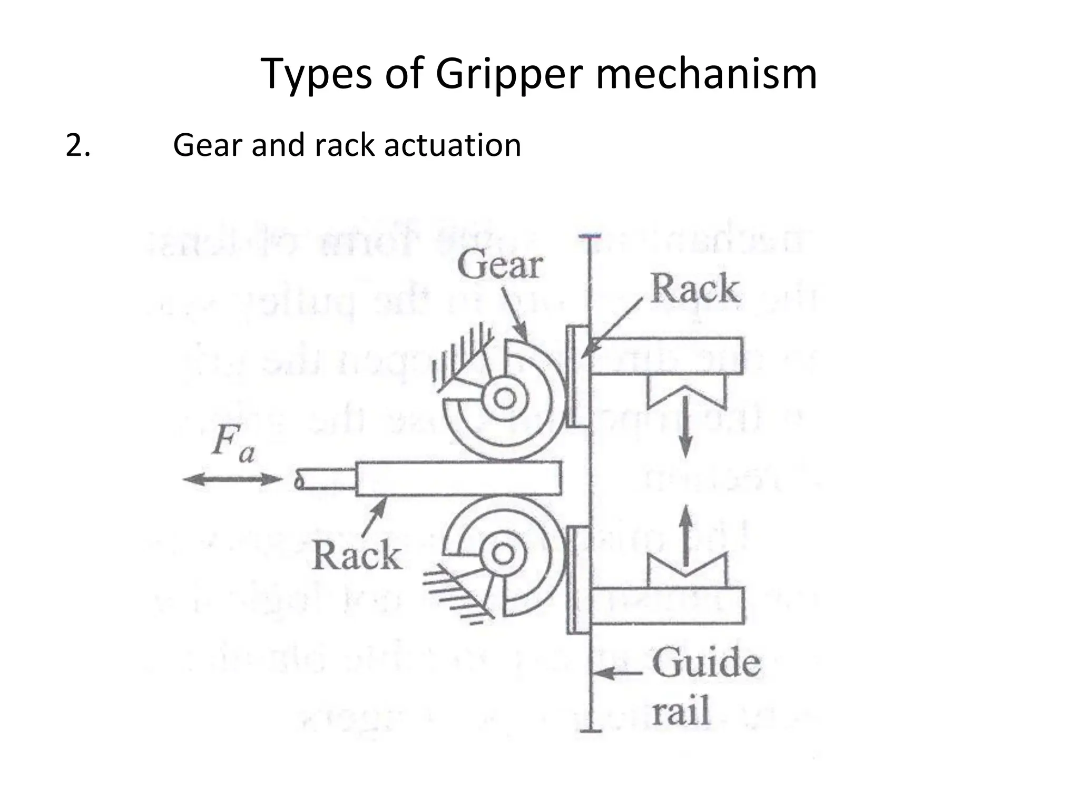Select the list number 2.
tap(77, 145)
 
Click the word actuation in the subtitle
tap(453, 145)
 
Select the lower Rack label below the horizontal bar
tap(357, 556)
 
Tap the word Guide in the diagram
tap(706, 663)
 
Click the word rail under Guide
tap(681, 712)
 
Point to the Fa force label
tap(232, 442)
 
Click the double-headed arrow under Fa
tap(232, 479)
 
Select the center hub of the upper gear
tap(505, 398)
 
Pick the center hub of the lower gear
tap(502, 554)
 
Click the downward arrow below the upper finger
tap(684, 427)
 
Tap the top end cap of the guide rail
tap(590, 236)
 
